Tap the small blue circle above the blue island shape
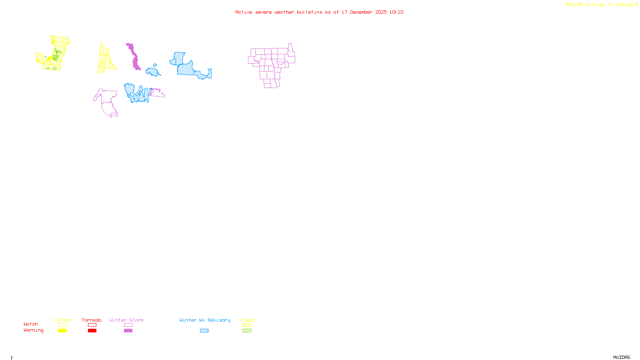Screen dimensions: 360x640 155,65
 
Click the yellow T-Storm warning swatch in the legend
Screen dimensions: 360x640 62,331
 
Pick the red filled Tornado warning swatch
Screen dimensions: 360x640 92,331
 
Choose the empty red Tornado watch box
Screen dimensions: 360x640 92,325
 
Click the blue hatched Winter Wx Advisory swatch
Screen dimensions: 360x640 204,331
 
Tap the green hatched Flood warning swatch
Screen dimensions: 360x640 247,331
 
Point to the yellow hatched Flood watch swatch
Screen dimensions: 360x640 247,325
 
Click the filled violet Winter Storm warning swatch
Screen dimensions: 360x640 128,331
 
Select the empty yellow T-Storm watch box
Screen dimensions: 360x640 62,325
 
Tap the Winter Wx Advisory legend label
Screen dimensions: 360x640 205,320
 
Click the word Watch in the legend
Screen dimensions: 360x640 31,324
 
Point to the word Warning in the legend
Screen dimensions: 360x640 33,330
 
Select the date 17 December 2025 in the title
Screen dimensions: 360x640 364,12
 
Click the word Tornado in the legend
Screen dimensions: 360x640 92,320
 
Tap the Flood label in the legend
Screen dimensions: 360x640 247,320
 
